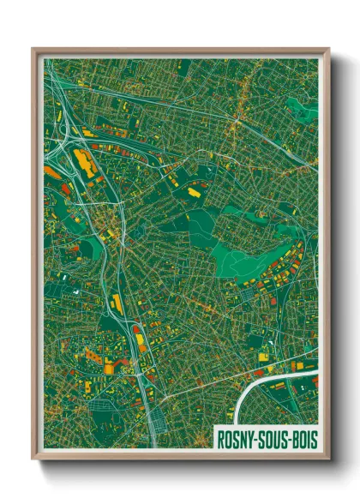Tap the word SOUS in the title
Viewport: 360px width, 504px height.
(x=273, y=438)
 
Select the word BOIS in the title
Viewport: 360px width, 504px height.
(x=304, y=438)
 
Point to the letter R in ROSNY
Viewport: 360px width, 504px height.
(x=221, y=438)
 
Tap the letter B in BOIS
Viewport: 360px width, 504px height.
(x=296, y=438)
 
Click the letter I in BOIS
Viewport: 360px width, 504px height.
(x=308, y=438)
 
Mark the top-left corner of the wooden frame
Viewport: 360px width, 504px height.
(x=33, y=50)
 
